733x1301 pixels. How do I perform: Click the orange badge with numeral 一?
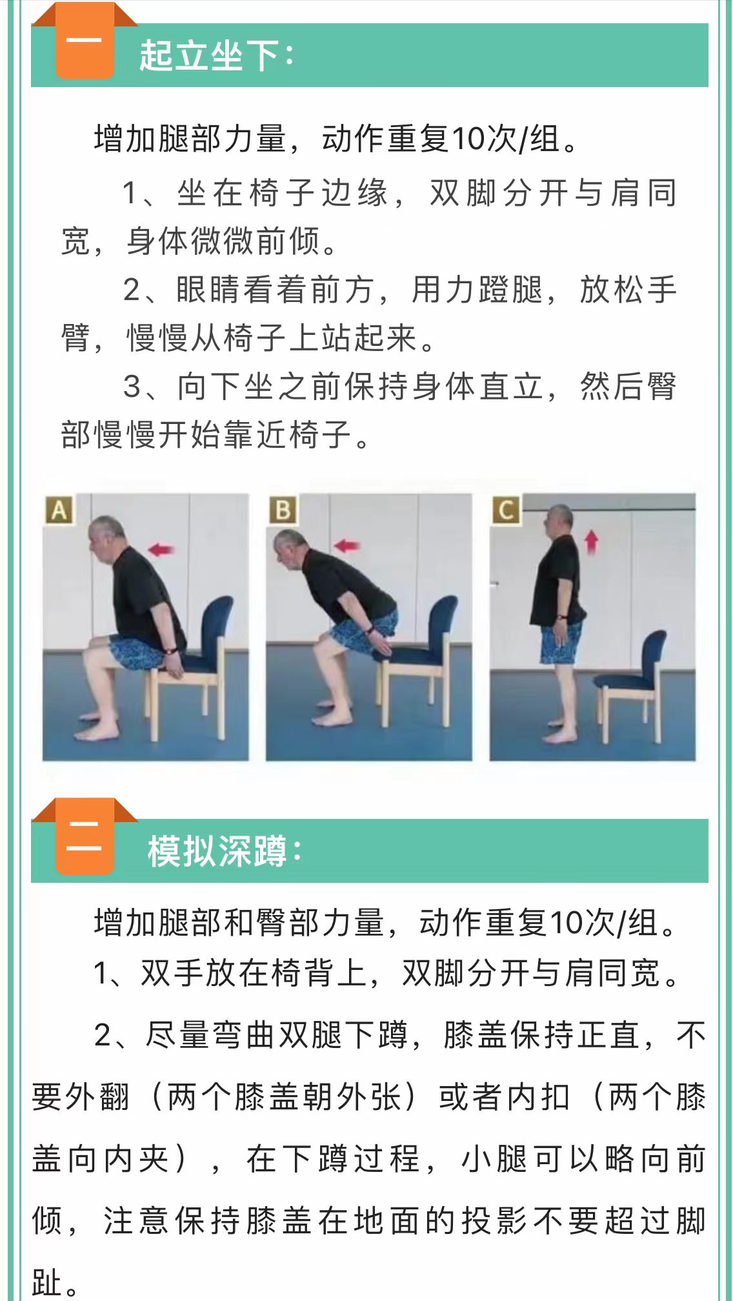(85, 43)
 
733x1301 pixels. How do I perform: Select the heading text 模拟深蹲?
(217, 851)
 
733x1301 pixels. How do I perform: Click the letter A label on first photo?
(59, 510)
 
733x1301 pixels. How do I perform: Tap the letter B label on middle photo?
(283, 510)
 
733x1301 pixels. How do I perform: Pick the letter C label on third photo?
(506, 510)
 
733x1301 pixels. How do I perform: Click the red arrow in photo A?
(161, 549)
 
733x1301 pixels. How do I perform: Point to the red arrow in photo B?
(346, 546)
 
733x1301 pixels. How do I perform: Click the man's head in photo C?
(560, 521)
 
